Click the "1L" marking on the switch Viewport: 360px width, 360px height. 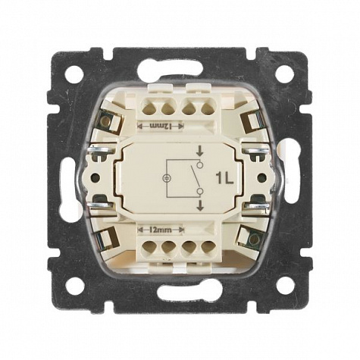click(x=224, y=178)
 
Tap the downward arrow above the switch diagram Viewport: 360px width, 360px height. click(x=200, y=152)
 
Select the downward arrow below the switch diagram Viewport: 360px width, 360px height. click(x=200, y=205)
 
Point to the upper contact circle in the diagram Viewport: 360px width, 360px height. click(x=200, y=165)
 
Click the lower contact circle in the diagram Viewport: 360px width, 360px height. click(x=200, y=191)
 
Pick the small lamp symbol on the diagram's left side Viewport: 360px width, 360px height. click(x=166, y=178)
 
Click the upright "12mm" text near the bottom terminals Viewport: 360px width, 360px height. click(x=161, y=230)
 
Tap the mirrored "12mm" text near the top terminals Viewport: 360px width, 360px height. click(x=161, y=126)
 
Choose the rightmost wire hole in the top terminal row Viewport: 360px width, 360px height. click(x=208, y=109)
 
